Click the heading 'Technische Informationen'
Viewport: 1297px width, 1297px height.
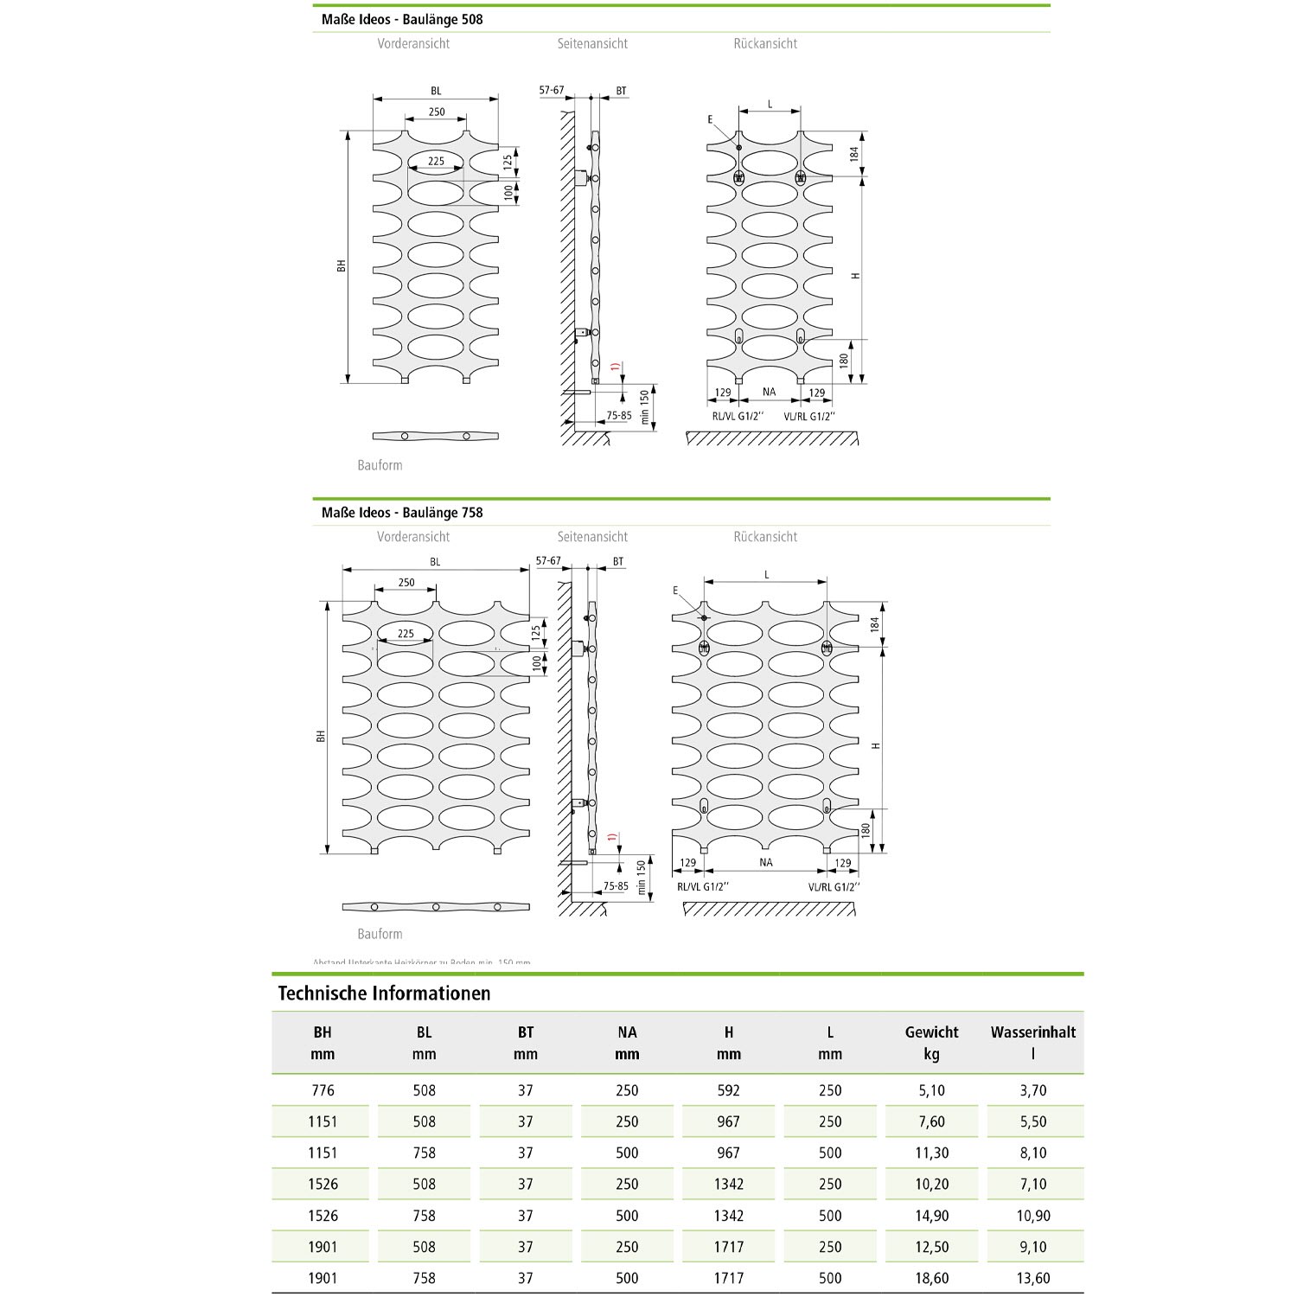point(384,993)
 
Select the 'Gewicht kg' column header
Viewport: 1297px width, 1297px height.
point(931,1043)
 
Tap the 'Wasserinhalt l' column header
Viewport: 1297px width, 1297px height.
point(1032,1043)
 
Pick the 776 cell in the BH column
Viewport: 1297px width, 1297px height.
point(323,1090)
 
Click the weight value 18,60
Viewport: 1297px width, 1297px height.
point(931,1278)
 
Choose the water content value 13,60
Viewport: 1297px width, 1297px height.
point(1032,1278)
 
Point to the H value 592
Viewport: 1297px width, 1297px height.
point(729,1090)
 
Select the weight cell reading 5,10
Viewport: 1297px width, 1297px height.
point(931,1090)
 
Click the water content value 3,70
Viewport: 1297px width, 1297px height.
point(1032,1090)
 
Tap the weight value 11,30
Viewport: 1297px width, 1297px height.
point(931,1153)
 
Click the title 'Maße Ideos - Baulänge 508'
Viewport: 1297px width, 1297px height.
point(402,19)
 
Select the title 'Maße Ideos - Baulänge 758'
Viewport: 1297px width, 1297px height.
point(402,513)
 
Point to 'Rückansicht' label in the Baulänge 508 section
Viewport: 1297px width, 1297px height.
point(765,43)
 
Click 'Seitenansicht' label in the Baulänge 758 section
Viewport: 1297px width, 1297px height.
point(592,537)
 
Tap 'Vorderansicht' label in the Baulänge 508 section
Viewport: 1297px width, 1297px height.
point(413,43)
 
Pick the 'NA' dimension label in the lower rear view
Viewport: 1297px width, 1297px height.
point(766,862)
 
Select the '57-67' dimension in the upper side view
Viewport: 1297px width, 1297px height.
point(552,90)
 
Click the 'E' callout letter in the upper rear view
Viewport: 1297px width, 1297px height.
point(710,119)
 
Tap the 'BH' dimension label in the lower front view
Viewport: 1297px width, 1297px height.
point(320,736)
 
